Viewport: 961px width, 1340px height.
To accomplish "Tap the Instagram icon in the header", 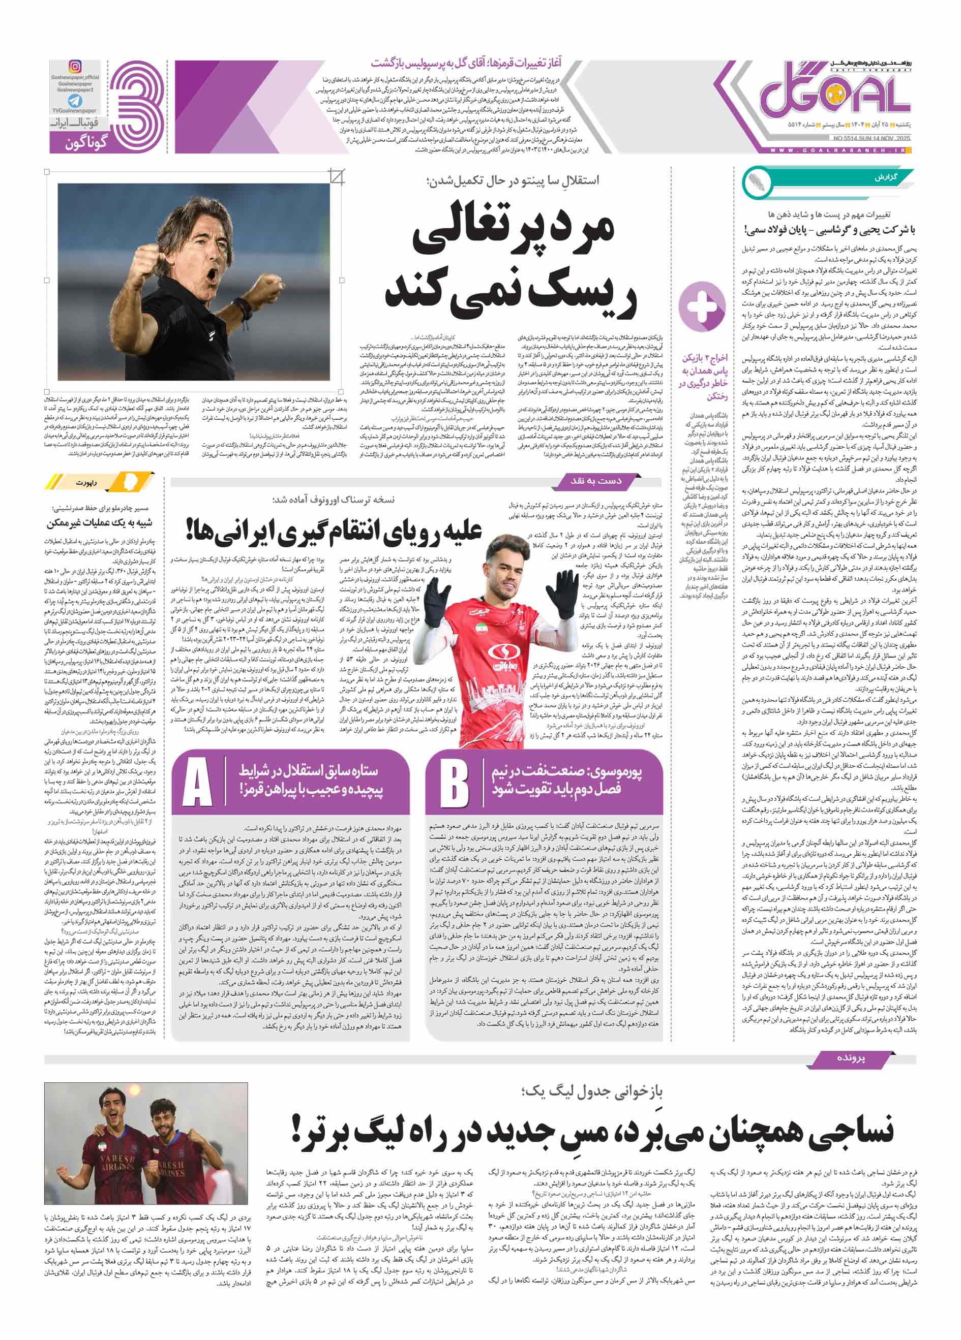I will (x=75, y=67).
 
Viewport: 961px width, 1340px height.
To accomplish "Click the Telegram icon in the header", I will (x=75, y=101).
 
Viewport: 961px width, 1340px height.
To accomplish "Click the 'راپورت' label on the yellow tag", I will (x=86, y=482).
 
